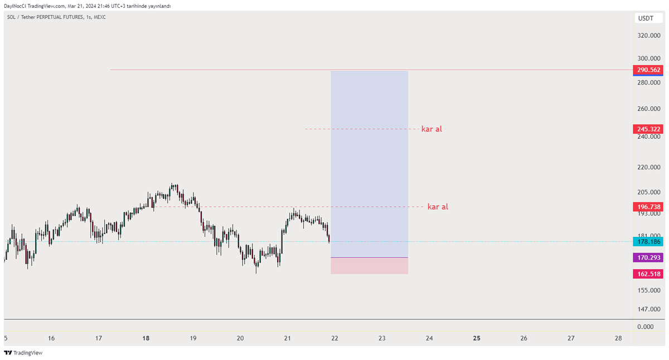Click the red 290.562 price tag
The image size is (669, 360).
648,70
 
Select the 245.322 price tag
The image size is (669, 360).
648,129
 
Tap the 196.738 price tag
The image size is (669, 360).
648,207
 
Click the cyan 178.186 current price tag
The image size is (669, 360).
648,241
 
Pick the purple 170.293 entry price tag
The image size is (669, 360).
648,257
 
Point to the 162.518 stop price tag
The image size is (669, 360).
648,274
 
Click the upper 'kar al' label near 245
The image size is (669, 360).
432,129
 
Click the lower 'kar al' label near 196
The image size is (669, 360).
438,207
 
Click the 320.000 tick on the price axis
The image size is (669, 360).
649,36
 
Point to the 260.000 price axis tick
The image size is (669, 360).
649,109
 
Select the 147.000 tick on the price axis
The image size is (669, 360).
649,309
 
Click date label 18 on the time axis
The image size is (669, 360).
146,338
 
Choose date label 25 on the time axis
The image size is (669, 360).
477,338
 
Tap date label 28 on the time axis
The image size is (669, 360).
618,338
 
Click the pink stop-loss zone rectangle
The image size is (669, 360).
370,266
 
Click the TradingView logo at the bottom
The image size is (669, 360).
23,353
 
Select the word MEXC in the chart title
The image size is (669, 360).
100,17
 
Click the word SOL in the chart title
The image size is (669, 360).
11,17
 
